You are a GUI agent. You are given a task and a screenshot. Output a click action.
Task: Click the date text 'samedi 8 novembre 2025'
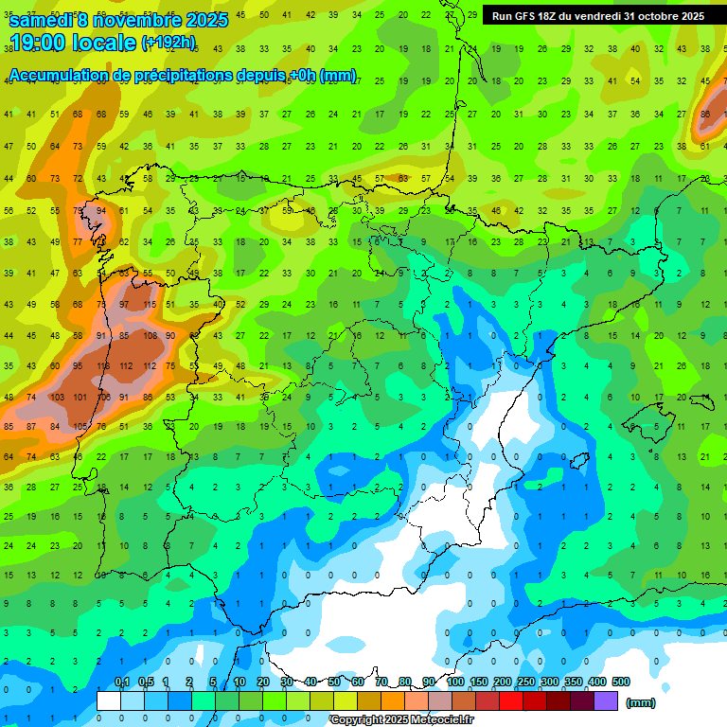coord(117,20)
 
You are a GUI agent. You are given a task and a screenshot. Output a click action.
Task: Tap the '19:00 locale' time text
coord(74,43)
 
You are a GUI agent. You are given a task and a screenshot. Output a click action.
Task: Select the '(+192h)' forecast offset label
coord(169,43)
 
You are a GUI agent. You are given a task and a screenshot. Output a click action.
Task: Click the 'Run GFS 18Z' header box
coord(598,16)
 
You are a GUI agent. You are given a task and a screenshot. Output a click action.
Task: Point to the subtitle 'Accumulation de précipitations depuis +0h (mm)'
coord(182,76)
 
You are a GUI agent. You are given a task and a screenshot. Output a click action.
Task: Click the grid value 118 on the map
coord(102,366)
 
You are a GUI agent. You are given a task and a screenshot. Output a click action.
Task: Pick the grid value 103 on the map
coord(56,398)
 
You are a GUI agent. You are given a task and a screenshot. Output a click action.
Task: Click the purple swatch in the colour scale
coord(606,701)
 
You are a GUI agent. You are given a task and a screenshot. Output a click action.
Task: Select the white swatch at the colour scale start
coord(109,701)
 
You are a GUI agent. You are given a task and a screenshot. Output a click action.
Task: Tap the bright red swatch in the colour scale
coord(511,701)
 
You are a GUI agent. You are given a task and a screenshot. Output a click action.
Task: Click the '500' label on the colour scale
coord(621,682)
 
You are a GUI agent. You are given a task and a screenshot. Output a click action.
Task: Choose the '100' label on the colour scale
coord(455,682)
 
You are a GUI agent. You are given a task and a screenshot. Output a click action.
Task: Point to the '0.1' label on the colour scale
coord(122,682)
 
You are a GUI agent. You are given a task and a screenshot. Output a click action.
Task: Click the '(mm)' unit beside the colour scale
coord(641,702)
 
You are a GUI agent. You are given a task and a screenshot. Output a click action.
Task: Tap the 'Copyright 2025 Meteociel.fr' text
coord(401,719)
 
